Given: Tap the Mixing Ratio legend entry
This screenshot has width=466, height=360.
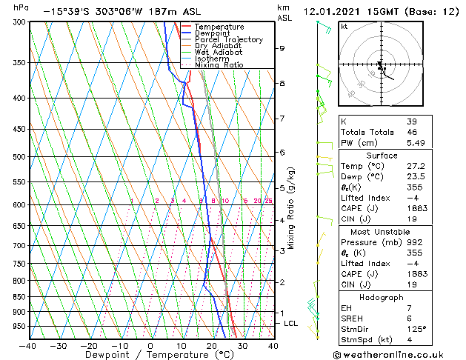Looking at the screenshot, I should [219, 65].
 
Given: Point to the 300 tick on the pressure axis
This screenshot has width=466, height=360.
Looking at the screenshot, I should [19, 22].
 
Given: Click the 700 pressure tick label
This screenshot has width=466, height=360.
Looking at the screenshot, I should [19, 245].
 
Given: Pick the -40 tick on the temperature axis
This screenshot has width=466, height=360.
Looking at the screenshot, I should [28, 345].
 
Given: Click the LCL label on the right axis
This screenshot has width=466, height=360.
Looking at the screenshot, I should [291, 324].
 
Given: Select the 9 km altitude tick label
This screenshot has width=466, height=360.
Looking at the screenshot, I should [282, 49].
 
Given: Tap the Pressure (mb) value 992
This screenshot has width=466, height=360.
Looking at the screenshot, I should [411, 231].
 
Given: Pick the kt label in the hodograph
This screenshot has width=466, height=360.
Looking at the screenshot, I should [344, 26].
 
